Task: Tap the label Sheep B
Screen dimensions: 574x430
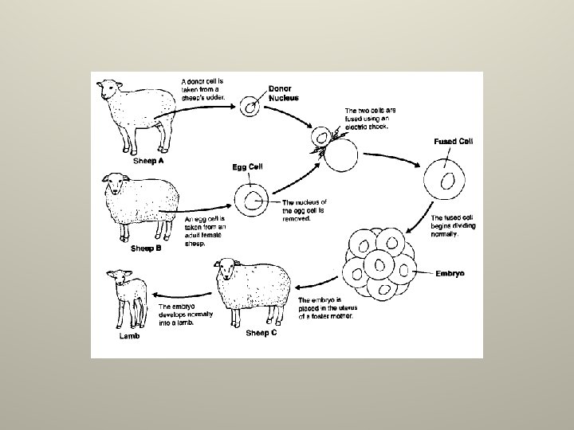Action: pos(146,248)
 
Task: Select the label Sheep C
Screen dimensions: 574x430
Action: pos(261,333)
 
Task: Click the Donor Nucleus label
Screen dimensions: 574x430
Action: pos(284,94)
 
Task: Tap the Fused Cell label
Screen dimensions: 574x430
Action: pos(451,141)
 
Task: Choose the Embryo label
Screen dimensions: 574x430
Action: pos(450,272)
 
